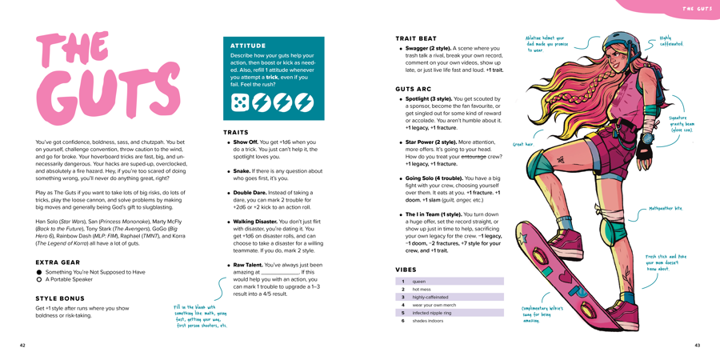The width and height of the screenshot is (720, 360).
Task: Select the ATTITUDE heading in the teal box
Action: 248,46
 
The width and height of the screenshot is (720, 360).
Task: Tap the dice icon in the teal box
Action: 240,102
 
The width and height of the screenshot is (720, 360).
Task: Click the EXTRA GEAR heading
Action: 58,262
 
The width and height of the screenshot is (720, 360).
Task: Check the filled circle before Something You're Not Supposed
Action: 39,272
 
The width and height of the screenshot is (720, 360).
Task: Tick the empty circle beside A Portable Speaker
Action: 39,280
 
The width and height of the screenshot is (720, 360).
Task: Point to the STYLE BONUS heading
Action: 61,298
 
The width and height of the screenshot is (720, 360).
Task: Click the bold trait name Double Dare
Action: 250,193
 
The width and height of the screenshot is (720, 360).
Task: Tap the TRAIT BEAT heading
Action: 416,38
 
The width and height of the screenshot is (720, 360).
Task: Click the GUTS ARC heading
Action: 413,89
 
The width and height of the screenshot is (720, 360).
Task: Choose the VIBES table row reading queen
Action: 452,282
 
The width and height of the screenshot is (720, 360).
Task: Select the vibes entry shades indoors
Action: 452,320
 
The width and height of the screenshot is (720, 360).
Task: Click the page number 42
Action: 22,346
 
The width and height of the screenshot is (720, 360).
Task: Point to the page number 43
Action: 697,346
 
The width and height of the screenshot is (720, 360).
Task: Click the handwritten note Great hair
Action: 522,145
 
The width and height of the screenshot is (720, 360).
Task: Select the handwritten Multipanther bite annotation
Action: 666,208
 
